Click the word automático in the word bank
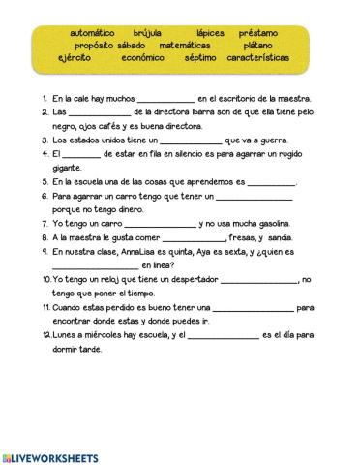(x=93, y=32)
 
